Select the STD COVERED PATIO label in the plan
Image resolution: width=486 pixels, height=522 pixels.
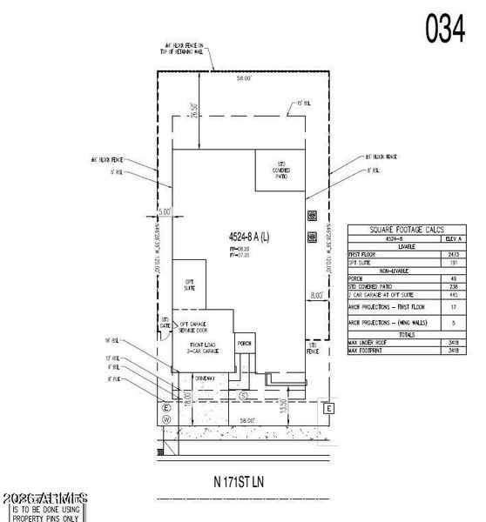pos(280,171)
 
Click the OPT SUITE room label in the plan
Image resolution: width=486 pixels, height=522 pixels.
pos(188,284)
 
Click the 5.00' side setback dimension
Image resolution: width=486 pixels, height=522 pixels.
pos(165,210)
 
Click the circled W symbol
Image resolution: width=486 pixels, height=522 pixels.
pos(165,418)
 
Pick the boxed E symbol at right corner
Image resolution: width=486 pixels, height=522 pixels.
pos(328,408)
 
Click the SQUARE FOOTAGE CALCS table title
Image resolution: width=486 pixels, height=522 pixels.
pos(405,229)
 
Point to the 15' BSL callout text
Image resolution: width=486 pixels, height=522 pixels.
pos(302,104)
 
